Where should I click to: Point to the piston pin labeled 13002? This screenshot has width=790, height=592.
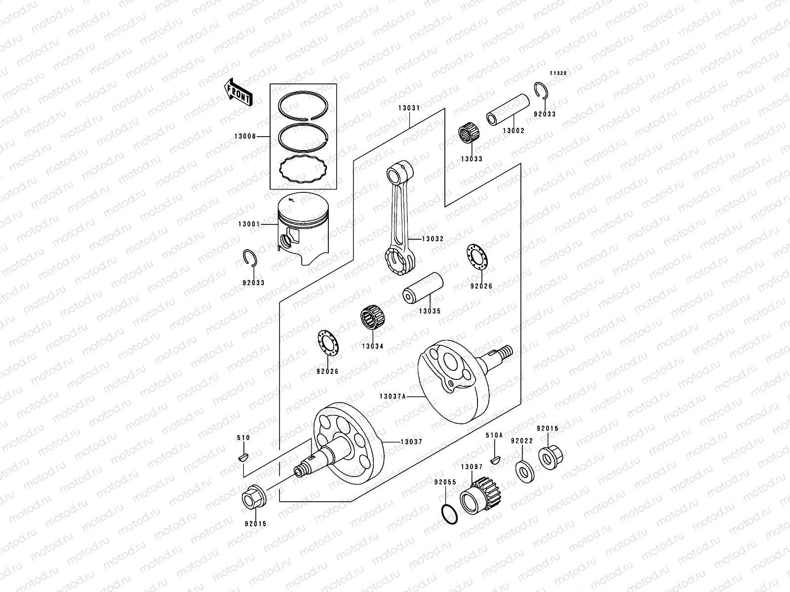(x=509, y=110)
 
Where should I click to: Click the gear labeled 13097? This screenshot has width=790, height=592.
(x=481, y=493)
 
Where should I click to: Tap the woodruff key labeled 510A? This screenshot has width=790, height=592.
(x=494, y=460)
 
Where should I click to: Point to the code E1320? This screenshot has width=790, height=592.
(x=558, y=73)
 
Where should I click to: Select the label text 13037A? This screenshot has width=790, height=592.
(x=393, y=396)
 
